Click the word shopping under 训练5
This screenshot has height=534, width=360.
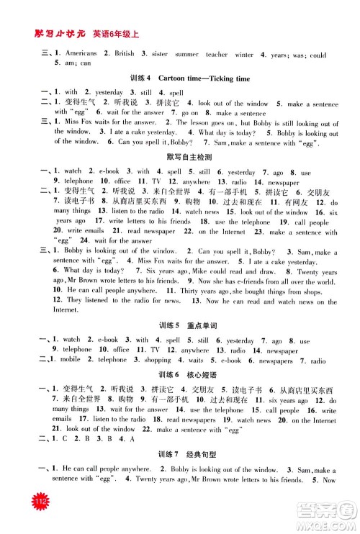[x=158, y=358]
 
